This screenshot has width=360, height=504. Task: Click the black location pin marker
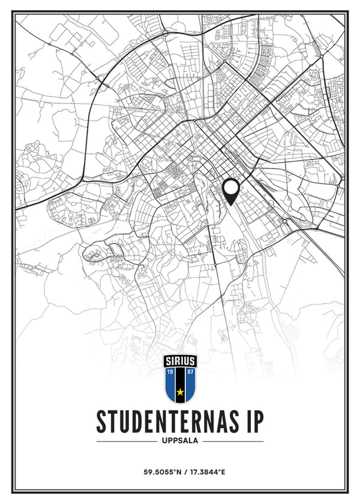pos(231,191)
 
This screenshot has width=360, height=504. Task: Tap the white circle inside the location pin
pos(231,188)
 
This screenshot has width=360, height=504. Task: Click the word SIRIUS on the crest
pos(180,361)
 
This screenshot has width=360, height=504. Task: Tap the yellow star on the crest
pos(180,392)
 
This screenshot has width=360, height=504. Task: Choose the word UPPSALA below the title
pos(180,441)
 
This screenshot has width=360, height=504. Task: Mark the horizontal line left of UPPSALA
pos(126,441)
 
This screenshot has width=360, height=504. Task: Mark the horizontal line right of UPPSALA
pos(234,441)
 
